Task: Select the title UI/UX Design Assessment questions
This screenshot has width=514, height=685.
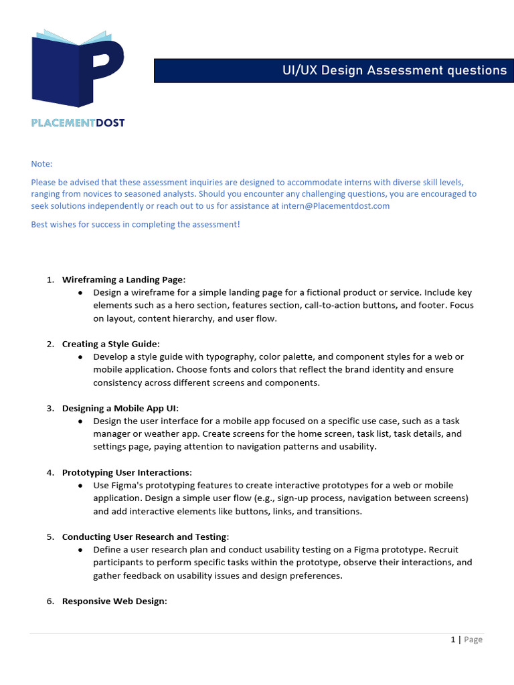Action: [x=394, y=70]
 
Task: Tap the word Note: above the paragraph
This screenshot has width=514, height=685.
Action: [x=41, y=164]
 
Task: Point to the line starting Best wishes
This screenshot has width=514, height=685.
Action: [x=135, y=224]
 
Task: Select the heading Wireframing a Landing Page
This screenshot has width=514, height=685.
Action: [x=122, y=280]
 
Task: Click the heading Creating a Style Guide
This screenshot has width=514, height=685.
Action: [x=110, y=344]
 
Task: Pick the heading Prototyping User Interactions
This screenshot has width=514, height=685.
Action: [x=126, y=472]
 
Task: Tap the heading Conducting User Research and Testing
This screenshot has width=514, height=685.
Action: [x=145, y=536]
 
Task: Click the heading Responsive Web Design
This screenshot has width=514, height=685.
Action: [x=113, y=601]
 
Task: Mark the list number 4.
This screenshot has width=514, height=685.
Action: [x=50, y=472]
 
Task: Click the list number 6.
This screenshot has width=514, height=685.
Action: [x=50, y=601]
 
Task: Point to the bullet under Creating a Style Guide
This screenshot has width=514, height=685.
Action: [x=80, y=357]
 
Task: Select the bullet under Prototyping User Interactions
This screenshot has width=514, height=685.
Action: [x=80, y=486]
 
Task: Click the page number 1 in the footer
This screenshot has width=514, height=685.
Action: [x=453, y=640]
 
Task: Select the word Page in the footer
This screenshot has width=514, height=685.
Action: [x=473, y=640]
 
